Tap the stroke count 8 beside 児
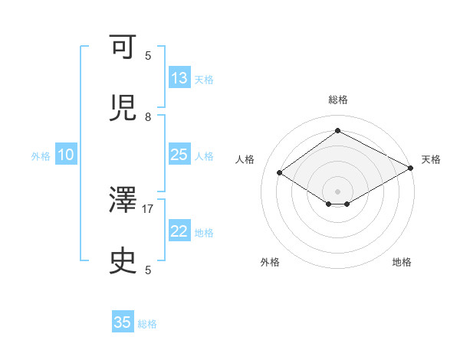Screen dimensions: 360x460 (x=149, y=116)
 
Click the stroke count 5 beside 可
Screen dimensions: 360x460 (x=149, y=55)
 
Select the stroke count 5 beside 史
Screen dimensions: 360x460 (x=149, y=270)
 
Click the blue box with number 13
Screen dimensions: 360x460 (x=179, y=78)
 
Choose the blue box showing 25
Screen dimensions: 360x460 (x=179, y=155)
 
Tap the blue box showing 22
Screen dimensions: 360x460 (x=179, y=231)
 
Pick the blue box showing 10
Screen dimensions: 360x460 (x=66, y=155)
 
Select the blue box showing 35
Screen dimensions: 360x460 (x=123, y=322)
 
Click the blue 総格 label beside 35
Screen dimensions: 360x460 (x=147, y=324)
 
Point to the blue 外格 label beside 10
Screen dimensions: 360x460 (x=41, y=156)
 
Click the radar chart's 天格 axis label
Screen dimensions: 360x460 (x=431, y=159)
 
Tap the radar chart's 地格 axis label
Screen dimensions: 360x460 (x=402, y=262)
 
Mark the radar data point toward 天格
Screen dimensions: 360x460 (x=412, y=168)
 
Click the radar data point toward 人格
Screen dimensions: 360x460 (x=280, y=173)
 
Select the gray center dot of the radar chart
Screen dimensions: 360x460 (x=338, y=191)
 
